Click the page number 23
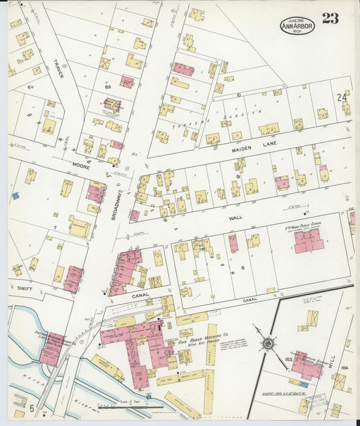(x=330, y=18)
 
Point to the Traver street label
(x=58, y=67)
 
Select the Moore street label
(x=82, y=165)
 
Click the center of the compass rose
(x=269, y=344)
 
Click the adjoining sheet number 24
(x=342, y=98)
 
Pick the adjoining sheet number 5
(x=32, y=408)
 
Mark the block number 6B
(x=107, y=87)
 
